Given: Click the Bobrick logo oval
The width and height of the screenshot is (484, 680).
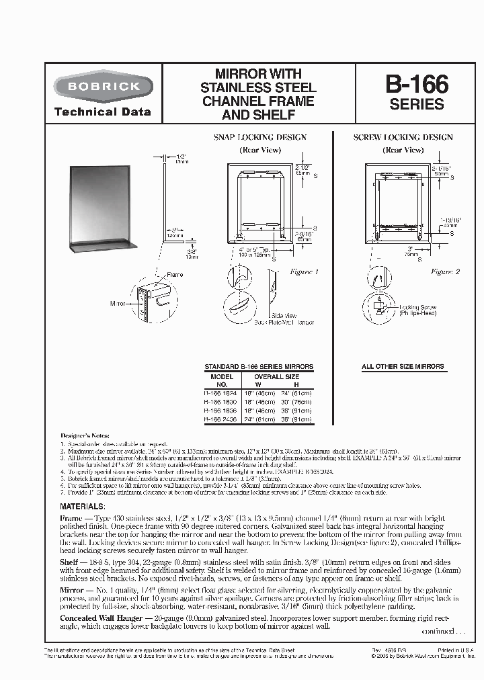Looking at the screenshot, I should coord(103,87).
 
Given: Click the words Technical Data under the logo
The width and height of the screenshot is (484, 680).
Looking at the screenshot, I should coord(102,112).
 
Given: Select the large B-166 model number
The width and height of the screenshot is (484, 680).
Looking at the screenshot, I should coord(417,85).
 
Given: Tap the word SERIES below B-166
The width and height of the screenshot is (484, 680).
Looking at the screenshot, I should coord(417,104).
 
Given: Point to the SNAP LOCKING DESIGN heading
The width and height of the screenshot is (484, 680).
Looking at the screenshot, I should coord(259,138).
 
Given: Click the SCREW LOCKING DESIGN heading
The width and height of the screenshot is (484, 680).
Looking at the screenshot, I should coord(403,138).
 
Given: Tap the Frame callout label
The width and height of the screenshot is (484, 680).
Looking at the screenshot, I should coord(174,275).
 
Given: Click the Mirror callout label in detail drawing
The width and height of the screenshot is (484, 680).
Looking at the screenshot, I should coord(118,304).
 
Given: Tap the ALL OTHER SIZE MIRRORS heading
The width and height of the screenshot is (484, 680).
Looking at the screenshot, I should coord(403,367).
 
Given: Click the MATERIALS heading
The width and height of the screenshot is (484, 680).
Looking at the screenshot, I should coord(82,506).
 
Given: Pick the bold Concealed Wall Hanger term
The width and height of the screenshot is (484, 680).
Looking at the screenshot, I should coord(101,618).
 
